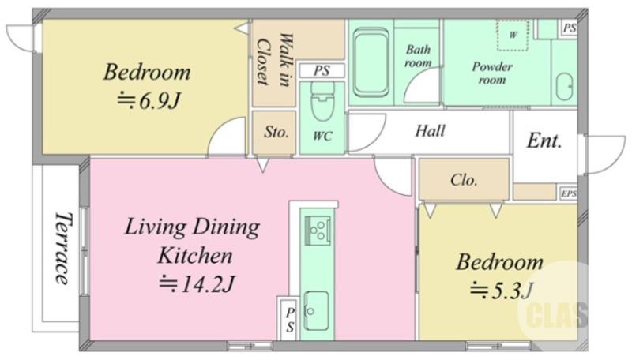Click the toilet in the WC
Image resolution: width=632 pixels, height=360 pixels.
tap(322, 102)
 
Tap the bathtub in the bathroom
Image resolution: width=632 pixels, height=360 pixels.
tap(371, 62)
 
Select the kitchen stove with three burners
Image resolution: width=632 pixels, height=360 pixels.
tap(318, 231)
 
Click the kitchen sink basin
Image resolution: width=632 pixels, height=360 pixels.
tap(316, 310)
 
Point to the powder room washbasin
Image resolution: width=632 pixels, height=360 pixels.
tap(564, 87)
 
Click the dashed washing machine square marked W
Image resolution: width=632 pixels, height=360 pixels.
tap(512, 35)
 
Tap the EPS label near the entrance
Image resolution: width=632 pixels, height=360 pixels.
tap(569, 193)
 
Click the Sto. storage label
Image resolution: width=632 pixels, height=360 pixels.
tap(276, 132)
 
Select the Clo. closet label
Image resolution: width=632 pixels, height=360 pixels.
tap(464, 179)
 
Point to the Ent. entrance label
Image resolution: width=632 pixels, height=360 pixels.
tap(544, 141)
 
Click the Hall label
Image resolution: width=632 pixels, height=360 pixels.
tap(431, 131)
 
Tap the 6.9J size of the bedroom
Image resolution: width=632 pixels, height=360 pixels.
tap(148, 101)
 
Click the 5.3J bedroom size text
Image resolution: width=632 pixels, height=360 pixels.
tap(502, 291)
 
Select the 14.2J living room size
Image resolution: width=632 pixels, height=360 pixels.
tap(197, 284)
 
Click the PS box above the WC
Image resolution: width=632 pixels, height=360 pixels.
tap(322, 71)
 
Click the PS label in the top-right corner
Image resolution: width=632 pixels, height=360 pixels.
tap(570, 28)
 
